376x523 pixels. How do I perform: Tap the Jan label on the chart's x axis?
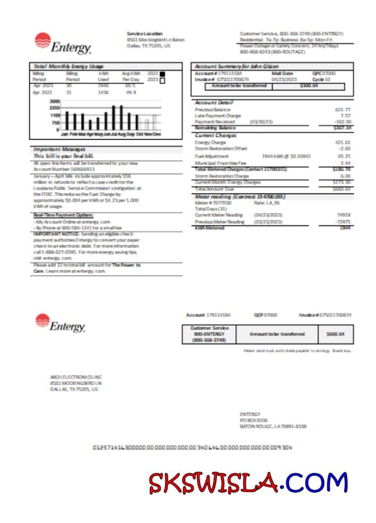[64, 134]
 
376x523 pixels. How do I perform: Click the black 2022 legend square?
[162, 74]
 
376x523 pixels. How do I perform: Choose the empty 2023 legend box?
[162, 81]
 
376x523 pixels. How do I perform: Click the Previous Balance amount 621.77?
[342, 109]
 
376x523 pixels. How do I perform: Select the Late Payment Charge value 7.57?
[345, 116]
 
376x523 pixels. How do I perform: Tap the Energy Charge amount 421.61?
[342, 142]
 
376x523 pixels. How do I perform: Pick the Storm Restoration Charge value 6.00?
[345, 176]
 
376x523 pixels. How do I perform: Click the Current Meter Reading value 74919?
[344, 214]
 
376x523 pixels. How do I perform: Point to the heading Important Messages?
[59, 149]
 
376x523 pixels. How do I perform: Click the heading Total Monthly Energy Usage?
[68, 66]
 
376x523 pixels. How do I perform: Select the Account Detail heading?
[214, 102]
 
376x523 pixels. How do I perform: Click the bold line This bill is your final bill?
[63, 156]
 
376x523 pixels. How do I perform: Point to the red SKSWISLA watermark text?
[213, 483]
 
